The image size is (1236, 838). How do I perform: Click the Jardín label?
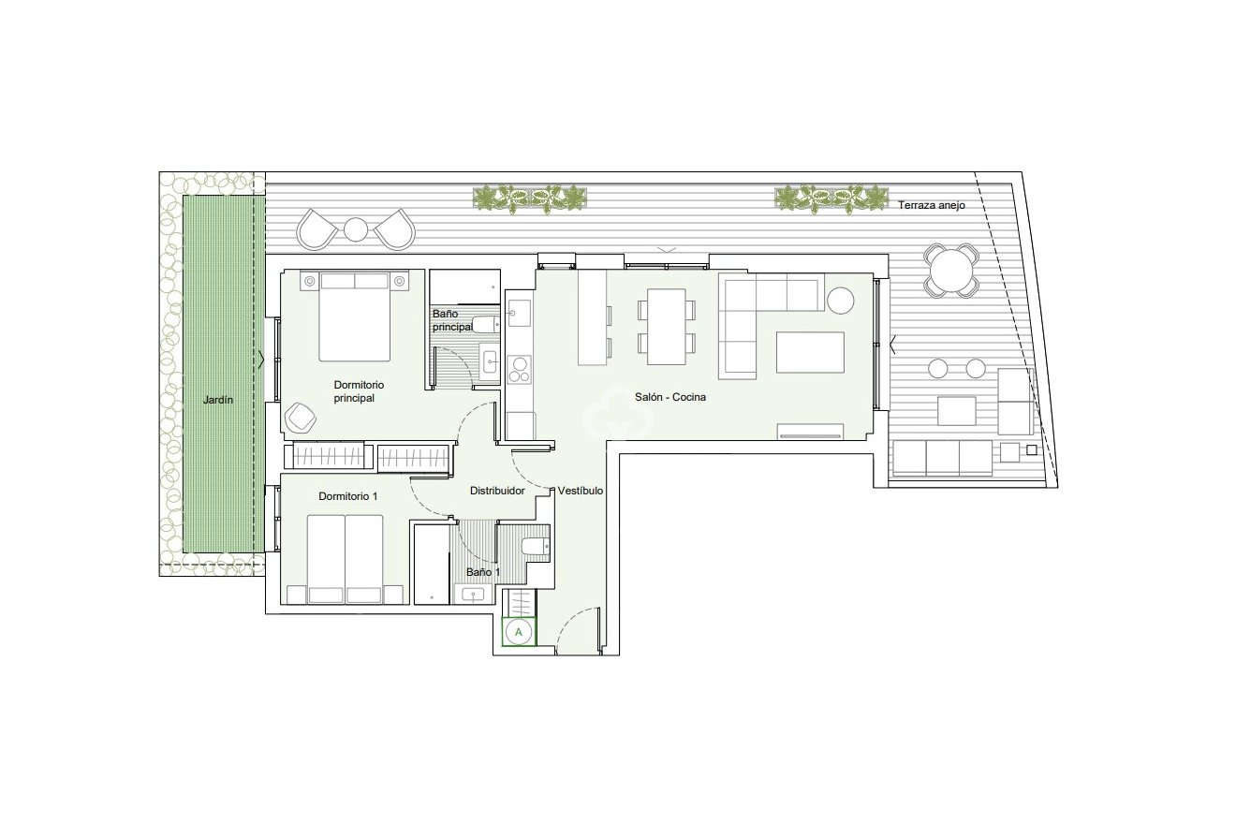coord(218,400)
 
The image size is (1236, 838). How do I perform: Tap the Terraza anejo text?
coord(931,205)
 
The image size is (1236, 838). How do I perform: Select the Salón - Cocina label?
coord(669,397)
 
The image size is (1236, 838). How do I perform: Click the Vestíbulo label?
coord(581,491)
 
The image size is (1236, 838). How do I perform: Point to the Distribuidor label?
coord(496,491)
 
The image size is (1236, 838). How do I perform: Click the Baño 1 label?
coord(483,572)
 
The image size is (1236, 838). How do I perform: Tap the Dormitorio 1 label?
coord(347,496)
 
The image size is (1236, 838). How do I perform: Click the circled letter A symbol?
coord(518,632)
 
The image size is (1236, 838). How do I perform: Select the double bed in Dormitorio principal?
coord(354,316)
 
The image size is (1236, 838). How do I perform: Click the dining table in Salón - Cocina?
coord(666,326)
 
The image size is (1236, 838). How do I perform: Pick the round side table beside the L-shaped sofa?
coord(840,300)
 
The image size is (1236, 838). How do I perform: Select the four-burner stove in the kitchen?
coord(519,369)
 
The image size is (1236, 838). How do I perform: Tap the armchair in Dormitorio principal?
coord(302,418)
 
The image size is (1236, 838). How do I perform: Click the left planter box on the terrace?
coord(531,198)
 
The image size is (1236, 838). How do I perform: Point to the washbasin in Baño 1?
coord(472,593)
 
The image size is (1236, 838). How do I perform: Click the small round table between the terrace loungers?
coord(356,229)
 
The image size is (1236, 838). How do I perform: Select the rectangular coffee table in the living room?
coord(810,352)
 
